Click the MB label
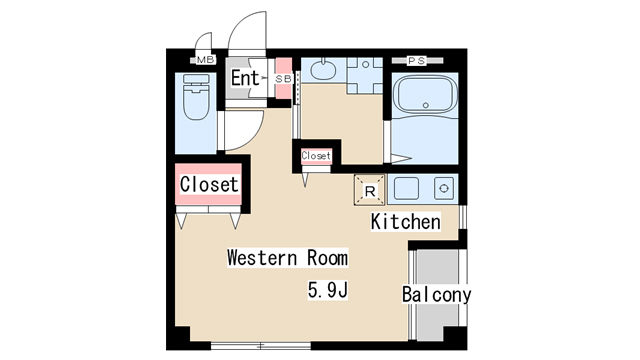205,60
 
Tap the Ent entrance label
245,78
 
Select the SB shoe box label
283,79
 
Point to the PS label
417,61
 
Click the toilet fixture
196,97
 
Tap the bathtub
425,95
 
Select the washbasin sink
323,69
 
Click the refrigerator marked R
369,190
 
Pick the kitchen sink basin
406,189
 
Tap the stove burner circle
444,189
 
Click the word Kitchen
406,222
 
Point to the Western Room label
287,258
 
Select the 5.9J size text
327,291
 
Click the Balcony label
436,294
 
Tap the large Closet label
209,184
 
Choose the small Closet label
316,156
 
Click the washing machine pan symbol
365,76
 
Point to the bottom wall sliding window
261,346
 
